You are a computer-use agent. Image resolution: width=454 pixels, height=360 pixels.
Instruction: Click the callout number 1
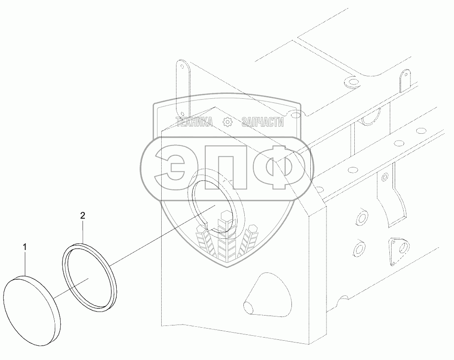(x=25, y=247)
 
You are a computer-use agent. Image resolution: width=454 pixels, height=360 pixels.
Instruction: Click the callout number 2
(x=83, y=216)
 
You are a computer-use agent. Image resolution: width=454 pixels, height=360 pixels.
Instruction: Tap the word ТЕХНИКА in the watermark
(x=194, y=122)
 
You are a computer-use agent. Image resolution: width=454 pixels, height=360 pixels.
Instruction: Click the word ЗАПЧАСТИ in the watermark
(x=262, y=122)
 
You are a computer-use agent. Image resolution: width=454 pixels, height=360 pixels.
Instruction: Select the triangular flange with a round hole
(x=397, y=251)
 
